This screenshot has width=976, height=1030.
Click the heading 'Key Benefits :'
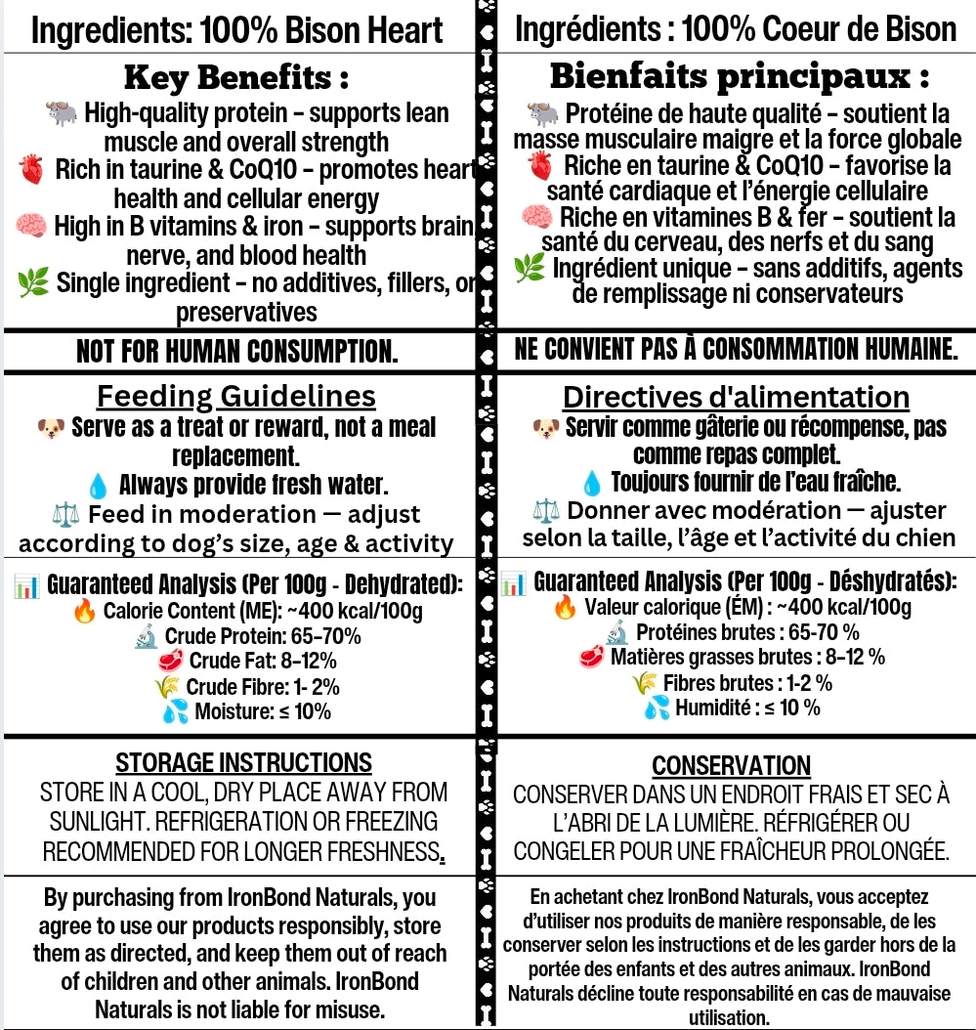[x=236, y=77]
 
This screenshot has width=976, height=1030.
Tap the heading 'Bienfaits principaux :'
[x=740, y=75]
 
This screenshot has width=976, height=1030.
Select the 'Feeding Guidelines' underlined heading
[x=235, y=396]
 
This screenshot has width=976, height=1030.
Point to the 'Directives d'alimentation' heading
[x=736, y=398]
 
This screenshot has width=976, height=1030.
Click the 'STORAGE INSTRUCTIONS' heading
[x=243, y=762]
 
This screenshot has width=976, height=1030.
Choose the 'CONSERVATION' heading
[x=731, y=765]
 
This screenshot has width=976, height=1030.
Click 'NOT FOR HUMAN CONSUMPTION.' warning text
[x=236, y=351]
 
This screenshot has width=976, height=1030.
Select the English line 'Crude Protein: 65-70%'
[x=261, y=636]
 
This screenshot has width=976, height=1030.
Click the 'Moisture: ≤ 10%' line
[x=262, y=711]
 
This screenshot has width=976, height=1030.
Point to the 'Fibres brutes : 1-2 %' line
[x=747, y=682]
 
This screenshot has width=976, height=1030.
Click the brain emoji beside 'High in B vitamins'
[x=31, y=227]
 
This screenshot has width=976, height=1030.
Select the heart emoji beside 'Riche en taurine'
[x=539, y=165]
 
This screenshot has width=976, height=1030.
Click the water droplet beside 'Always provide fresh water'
[x=98, y=486]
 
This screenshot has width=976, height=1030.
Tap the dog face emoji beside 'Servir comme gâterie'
[x=546, y=428]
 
